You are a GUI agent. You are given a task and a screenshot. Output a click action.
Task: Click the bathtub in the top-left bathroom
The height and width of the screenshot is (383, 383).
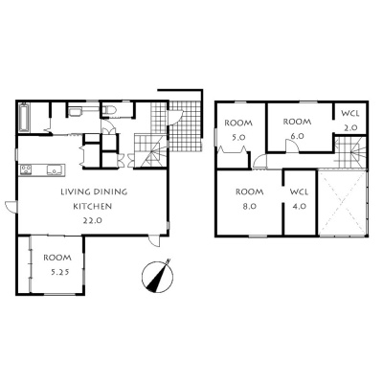coord(24,117)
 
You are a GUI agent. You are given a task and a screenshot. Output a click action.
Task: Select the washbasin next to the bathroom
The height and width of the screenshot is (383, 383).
coord(76,112)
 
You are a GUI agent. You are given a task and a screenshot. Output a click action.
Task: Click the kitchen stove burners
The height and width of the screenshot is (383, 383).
coord(26,169)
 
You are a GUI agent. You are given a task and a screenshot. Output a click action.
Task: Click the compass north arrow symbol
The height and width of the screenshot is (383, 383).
coord(157,276)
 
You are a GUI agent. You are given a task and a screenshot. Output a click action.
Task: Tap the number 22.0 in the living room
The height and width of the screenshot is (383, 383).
coord(93,220)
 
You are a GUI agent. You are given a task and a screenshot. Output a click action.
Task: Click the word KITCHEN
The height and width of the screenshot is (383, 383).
coord(93,206)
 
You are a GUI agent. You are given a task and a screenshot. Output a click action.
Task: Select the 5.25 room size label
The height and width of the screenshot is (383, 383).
coord(59,272)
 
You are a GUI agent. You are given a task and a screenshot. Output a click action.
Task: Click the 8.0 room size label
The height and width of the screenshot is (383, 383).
coord(249,206)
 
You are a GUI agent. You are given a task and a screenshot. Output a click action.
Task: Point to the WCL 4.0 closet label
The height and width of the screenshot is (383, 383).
coord(300,199)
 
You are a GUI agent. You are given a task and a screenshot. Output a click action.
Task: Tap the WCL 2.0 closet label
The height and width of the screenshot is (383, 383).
coord(350,121)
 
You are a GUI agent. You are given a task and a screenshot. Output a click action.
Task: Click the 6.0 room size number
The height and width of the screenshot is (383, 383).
coord(297,136)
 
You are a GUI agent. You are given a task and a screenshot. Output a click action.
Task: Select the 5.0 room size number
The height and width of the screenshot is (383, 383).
coord(238,137)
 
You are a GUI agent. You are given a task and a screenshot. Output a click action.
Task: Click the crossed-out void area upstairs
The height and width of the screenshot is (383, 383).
coord(342,203)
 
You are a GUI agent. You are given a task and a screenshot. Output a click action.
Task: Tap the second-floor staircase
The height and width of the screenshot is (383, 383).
coord(350,151)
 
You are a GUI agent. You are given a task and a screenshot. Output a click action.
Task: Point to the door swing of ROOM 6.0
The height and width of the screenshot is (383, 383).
coord(292,146)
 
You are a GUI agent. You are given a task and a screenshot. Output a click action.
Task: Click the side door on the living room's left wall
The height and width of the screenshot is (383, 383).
coord(11,206)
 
